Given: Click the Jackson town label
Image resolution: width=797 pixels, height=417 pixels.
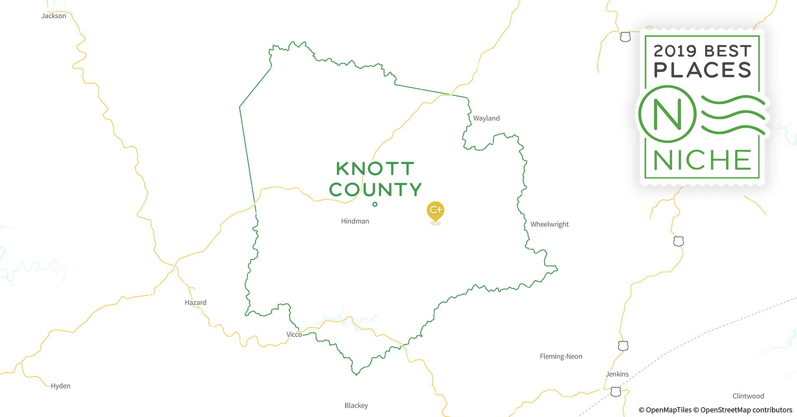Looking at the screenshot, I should (54, 16).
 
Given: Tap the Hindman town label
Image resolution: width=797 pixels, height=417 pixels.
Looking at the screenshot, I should (355, 221).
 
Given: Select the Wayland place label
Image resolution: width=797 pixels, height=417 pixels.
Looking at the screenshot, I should (486, 118).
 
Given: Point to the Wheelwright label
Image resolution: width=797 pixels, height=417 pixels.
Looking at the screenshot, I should (550, 224).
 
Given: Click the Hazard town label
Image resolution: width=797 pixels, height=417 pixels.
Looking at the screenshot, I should (195, 302).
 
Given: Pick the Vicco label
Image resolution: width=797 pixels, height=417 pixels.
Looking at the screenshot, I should (294, 334).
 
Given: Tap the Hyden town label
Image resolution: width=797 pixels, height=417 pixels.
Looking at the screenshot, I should (61, 386).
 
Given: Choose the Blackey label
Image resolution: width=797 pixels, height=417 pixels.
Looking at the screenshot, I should (356, 405).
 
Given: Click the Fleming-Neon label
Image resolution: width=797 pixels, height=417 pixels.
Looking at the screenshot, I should (561, 356).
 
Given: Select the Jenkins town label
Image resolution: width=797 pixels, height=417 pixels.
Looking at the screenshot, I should (617, 374).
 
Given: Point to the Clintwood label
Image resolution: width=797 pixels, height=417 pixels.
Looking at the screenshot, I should (748, 396).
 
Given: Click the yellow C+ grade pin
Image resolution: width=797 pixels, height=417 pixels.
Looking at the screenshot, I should (435, 211).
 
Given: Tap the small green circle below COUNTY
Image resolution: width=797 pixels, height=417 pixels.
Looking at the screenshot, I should (375, 204).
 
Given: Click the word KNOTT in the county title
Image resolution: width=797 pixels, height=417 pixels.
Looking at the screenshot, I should (375, 169).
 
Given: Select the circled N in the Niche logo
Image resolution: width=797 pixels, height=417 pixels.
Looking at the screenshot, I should (668, 114).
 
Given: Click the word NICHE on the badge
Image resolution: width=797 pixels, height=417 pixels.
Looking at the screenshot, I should (702, 160).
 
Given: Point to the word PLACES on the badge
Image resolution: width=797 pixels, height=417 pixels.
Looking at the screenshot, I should (702, 70).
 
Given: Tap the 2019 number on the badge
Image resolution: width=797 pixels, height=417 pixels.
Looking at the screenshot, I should (675, 51).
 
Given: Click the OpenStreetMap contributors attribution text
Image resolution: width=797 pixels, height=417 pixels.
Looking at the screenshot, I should (746, 410).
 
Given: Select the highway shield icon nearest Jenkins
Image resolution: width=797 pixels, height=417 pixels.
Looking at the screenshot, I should (615, 392).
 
